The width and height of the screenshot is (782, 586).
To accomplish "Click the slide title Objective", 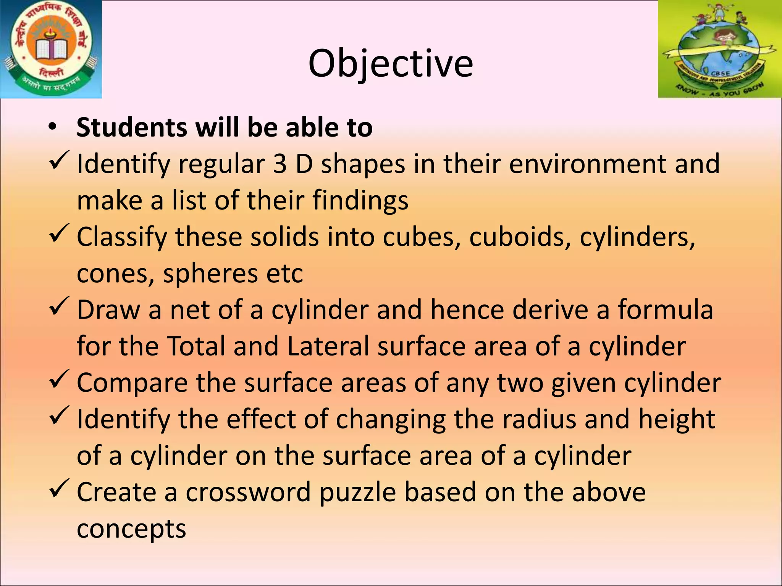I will coord(390,63).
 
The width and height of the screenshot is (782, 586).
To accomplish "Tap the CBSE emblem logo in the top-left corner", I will coord(51,49).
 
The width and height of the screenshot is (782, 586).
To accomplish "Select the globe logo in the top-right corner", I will coord(719,49).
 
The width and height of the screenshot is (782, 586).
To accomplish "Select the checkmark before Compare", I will coord(59,378).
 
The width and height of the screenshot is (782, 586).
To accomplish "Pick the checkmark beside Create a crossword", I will coord(59,488).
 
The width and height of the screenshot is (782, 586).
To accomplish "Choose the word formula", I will coord(666,309).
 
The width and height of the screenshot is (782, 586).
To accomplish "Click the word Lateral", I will coord(328,346).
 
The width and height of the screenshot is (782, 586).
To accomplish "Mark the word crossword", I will coord(248,492).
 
